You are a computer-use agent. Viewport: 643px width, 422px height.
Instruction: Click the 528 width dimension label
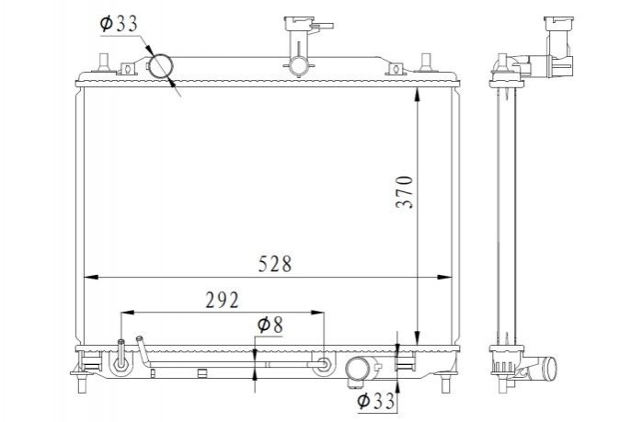click(x=275, y=264)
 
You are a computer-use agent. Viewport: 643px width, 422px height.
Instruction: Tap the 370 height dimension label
click(x=405, y=192)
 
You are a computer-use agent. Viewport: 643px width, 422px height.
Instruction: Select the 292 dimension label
click(x=222, y=300)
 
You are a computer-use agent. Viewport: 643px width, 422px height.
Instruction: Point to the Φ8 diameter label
click(x=270, y=325)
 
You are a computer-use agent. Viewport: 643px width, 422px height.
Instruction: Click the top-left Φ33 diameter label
click(x=119, y=23)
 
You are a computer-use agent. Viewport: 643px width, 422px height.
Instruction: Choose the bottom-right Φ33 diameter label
click(x=375, y=401)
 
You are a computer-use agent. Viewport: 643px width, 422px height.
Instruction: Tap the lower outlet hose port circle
click(x=358, y=370)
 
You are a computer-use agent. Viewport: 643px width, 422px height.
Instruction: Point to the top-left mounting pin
click(x=103, y=63)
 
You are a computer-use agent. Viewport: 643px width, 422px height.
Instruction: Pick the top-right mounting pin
click(x=426, y=63)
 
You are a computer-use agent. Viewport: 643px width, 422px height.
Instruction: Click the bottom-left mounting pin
click(x=82, y=384)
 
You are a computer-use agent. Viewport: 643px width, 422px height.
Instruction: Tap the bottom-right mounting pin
click(x=445, y=384)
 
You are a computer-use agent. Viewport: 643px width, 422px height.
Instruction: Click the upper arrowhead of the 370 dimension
click(x=417, y=95)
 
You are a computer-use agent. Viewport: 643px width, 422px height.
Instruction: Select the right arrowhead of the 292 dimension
click(x=317, y=313)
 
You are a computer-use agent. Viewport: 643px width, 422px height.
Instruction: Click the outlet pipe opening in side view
click(x=551, y=368)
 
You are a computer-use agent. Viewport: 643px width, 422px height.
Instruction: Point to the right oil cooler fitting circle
click(x=324, y=364)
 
